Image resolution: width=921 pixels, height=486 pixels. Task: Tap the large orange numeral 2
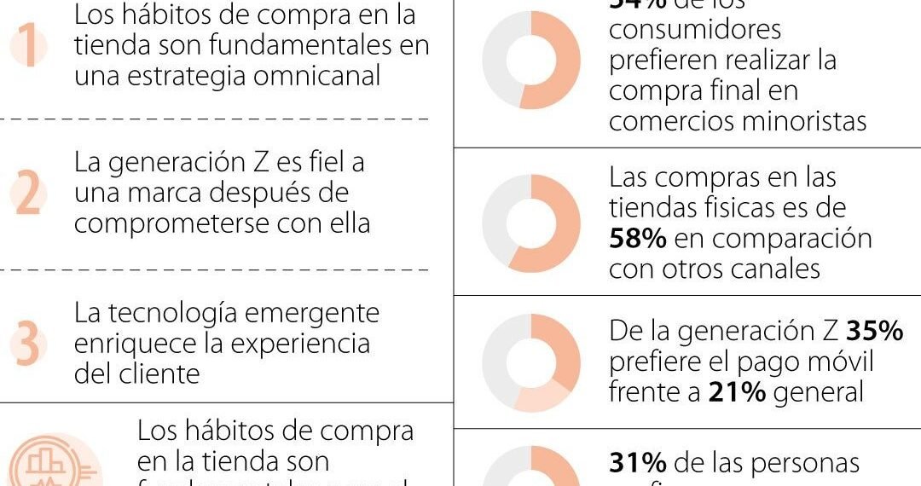click(28, 194)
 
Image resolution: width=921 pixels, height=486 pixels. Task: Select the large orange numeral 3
click(28, 344)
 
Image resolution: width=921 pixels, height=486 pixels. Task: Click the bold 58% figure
click(637, 239)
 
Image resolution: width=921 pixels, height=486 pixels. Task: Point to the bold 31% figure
click(637, 463)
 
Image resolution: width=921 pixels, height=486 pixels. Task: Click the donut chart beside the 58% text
click(530, 223)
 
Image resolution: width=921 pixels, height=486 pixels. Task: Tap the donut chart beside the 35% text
click(530, 363)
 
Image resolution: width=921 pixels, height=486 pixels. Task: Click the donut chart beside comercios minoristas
click(530, 60)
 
